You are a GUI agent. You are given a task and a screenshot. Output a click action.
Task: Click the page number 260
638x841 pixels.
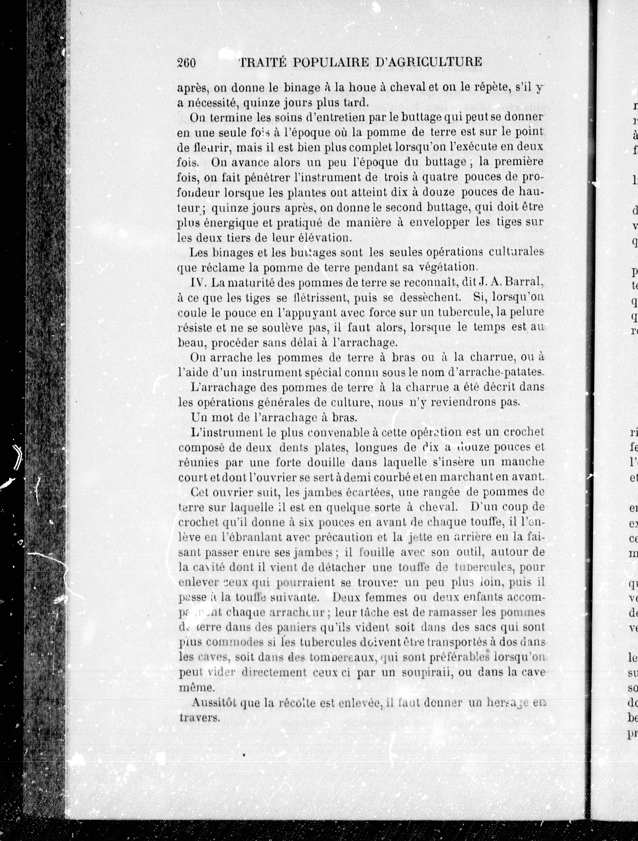pos(186,62)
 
